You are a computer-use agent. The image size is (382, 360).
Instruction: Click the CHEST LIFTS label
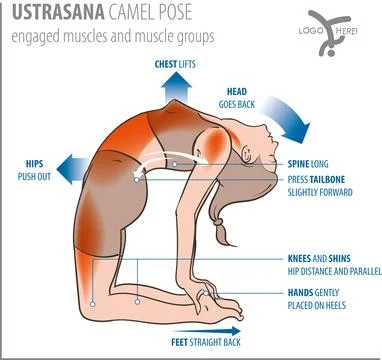[x=181, y=63]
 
